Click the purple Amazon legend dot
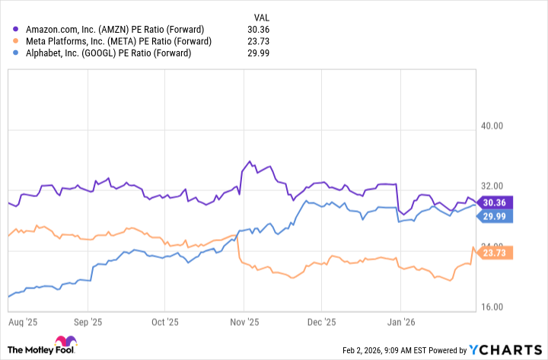coord(16,30)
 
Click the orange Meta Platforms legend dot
coord(16,41)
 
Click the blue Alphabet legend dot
coord(16,53)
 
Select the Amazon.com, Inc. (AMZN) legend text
coord(113,30)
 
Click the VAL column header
coord(261,16)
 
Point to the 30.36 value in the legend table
coord(260,30)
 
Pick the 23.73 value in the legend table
coord(260,41)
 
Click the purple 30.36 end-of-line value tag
coord(499,202)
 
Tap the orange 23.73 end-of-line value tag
coord(499,252)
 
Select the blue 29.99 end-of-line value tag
coord(499,216)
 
